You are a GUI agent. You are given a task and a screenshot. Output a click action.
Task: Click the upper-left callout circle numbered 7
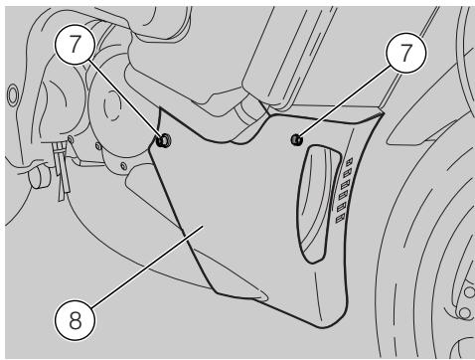[x=76, y=44]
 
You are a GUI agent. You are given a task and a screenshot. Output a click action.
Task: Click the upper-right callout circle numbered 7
[x=406, y=53]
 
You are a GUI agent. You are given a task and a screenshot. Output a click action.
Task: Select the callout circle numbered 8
[x=76, y=320]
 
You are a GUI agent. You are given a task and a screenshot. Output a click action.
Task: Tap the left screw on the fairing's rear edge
[x=164, y=141]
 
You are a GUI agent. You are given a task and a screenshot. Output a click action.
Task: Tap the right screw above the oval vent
[x=297, y=140]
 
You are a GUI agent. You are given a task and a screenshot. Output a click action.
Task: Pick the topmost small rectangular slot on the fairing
[x=349, y=162]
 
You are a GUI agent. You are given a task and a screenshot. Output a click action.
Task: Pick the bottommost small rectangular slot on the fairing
[x=340, y=219]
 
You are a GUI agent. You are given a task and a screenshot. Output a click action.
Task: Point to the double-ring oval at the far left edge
[x=13, y=95]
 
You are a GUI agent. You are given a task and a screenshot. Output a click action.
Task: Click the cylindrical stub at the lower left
[x=39, y=177]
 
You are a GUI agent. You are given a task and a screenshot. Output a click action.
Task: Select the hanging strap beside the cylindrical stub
[x=62, y=171]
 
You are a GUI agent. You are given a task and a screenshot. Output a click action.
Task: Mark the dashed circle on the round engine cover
[x=112, y=106]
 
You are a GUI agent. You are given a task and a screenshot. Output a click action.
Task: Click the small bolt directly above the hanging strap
[x=71, y=138]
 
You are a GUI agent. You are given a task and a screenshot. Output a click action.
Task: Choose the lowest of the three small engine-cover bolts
[x=123, y=166]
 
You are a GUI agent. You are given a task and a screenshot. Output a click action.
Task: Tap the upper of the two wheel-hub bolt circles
[x=469, y=292]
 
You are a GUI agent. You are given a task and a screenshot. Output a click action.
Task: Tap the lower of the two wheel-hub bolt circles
[x=464, y=313]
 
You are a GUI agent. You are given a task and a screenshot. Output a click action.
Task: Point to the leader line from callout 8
[x=148, y=267]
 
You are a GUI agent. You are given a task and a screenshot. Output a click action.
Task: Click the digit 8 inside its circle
[x=76, y=320]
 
